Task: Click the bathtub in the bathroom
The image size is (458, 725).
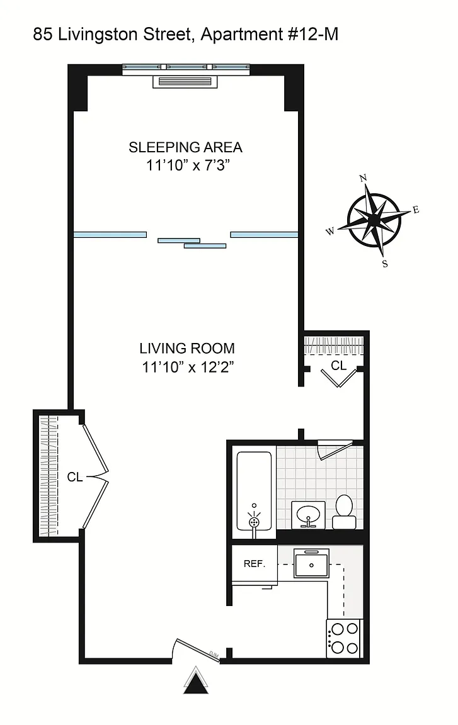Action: click(x=254, y=491)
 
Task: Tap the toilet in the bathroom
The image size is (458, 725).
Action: click(x=344, y=512)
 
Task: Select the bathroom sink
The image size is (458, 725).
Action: click(x=308, y=514)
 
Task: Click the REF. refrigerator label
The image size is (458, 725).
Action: click(x=255, y=564)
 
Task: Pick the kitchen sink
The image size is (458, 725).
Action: click(x=311, y=563)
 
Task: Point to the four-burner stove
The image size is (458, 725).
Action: click(x=345, y=638)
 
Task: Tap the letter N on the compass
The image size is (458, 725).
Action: click(x=363, y=178)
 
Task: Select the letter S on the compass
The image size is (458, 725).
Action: click(x=385, y=264)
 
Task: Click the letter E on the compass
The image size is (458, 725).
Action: click(x=416, y=210)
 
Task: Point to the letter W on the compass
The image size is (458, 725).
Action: click(x=330, y=231)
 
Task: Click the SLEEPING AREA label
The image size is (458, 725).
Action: click(x=185, y=147)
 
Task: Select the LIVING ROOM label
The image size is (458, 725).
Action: click(x=187, y=347)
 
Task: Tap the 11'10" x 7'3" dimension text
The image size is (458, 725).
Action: click(x=188, y=165)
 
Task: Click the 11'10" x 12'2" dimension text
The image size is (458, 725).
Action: click(x=188, y=367)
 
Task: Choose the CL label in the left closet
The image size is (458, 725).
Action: click(x=75, y=476)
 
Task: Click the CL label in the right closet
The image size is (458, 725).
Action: click(x=339, y=365)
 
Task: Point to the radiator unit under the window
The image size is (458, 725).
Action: click(x=185, y=82)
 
